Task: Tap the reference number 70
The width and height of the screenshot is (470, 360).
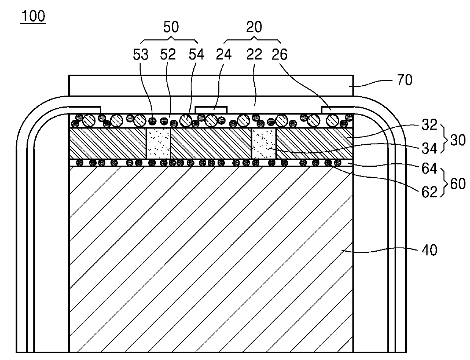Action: tap(405, 80)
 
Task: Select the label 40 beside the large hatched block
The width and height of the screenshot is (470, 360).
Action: tap(428, 250)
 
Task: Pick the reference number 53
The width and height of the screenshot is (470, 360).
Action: tap(141, 55)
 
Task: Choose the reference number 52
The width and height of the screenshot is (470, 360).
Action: tap(168, 55)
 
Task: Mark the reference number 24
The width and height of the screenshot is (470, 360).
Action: tap(224, 55)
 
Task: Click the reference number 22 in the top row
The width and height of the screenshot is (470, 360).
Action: tap(254, 55)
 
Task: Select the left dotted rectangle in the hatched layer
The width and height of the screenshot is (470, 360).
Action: tap(158, 143)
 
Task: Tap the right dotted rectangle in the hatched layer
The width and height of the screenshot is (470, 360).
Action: tap(264, 143)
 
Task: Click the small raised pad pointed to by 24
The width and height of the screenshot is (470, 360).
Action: tap(211, 110)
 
